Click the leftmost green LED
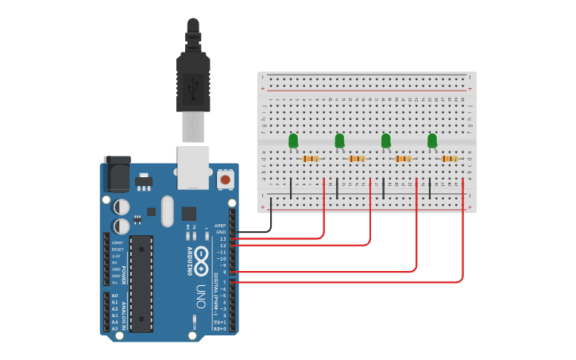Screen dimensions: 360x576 click(x=293, y=141)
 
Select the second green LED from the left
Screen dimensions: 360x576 click(x=339, y=141)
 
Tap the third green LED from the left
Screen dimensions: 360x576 click(x=386, y=141)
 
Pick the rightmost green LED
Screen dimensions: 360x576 click(x=432, y=141)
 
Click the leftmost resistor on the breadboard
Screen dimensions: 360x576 click(x=311, y=158)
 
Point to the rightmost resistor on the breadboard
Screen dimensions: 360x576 click(x=450, y=158)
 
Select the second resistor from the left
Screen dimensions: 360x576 click(x=357, y=158)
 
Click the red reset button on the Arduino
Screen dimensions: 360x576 click(x=226, y=180)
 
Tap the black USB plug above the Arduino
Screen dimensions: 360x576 click(x=192, y=75)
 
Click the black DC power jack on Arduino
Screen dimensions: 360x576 click(x=118, y=174)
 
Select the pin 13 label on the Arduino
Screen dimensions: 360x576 click(x=222, y=238)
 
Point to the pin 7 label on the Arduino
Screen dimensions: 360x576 click(x=224, y=282)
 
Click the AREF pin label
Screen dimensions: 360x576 click(x=220, y=226)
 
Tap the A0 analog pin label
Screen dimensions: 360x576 click(x=114, y=296)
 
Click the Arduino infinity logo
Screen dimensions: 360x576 click(x=202, y=257)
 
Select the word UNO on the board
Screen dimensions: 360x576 click(x=202, y=293)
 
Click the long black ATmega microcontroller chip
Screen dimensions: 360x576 click(x=141, y=283)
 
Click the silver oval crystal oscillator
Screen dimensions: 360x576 click(x=167, y=211)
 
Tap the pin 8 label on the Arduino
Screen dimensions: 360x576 click(x=224, y=272)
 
